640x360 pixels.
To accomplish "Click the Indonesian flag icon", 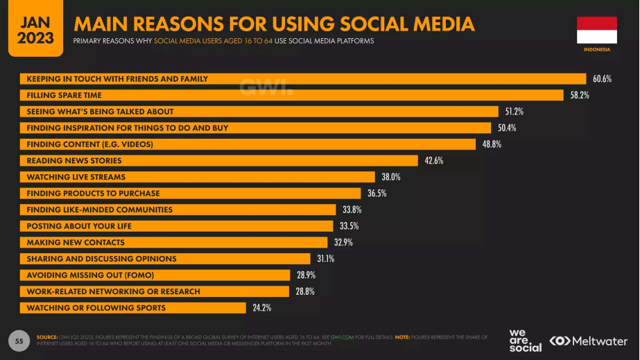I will click(596, 31).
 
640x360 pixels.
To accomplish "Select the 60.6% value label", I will click(602, 79).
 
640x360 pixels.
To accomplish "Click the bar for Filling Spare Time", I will click(291, 95).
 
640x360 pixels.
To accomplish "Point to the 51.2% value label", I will click(514, 112).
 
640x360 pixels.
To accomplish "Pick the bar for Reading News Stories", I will click(218, 161).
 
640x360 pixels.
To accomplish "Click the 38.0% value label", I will click(391, 177).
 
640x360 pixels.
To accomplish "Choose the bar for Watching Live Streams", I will click(197, 177).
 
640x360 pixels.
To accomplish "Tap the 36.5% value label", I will click(377, 194).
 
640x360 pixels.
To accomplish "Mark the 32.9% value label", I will click(343, 243).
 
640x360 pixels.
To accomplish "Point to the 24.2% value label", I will click(261, 308).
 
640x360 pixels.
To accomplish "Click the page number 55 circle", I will click(19, 341).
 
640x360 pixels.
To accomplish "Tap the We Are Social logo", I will click(525, 341).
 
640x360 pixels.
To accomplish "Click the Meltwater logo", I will click(589, 341).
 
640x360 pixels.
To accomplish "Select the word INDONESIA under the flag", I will click(596, 50).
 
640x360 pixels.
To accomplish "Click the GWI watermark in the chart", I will click(266, 87).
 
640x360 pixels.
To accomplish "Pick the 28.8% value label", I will click(305, 291).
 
